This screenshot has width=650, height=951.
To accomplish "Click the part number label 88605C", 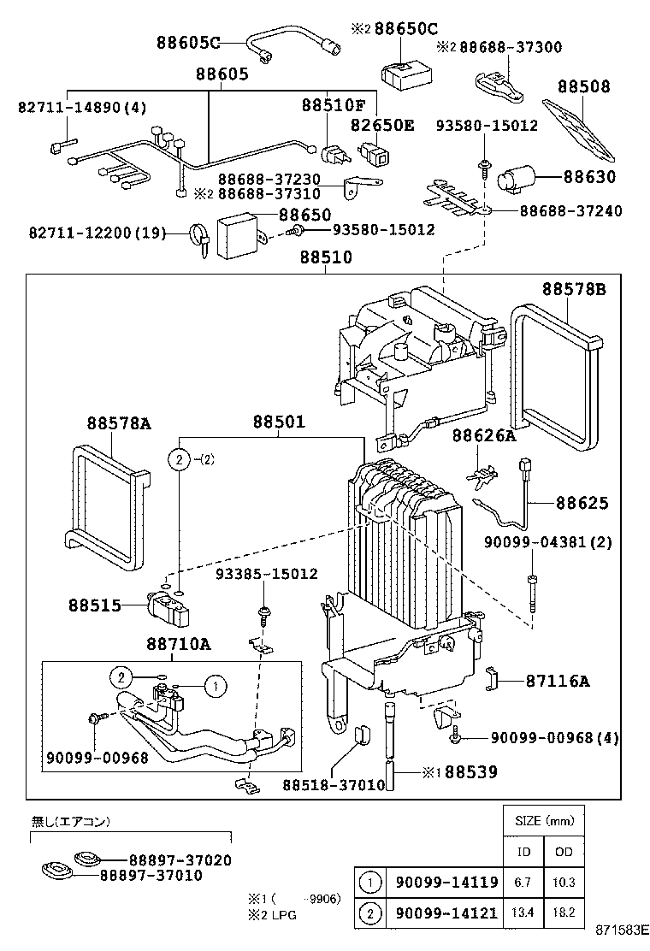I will pos(188,42).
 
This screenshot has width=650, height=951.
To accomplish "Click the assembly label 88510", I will pos(325,257).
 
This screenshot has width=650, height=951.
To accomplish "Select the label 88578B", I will pos(574,290).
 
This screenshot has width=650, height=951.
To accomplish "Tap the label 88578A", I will pos(118,423).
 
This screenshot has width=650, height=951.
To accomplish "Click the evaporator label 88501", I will pos(278,422).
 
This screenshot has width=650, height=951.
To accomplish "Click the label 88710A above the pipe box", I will pos(177,644).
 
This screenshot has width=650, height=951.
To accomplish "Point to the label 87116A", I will pos(558,682).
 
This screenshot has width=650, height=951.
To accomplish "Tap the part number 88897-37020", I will pos(180,859).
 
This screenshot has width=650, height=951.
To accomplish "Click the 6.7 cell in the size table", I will pos(523,882).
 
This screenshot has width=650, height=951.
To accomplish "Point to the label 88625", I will pos(582,503).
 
